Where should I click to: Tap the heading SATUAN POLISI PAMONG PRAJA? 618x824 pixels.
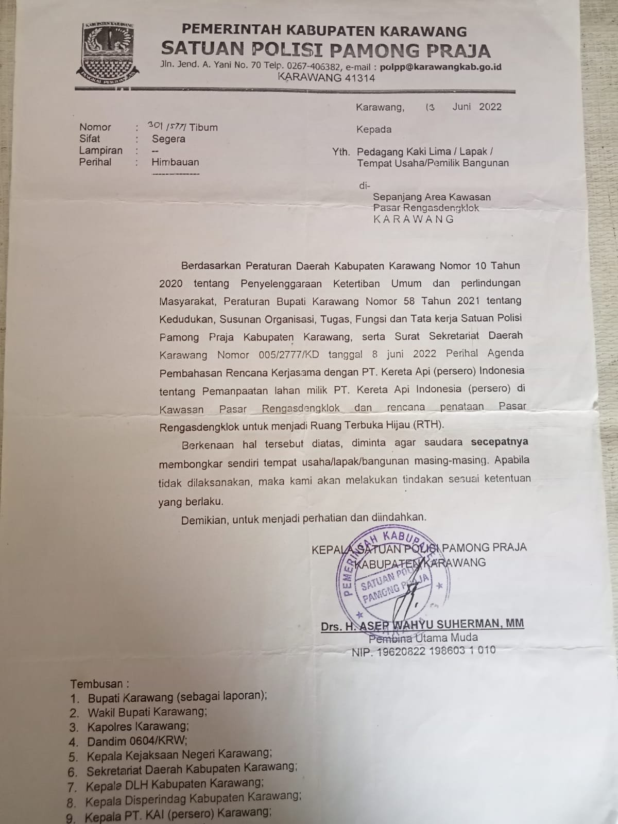pos(326,50)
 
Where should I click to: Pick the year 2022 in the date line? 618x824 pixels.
pos(490,107)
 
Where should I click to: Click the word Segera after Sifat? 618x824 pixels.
pos(168,139)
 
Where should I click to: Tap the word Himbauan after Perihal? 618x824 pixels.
pos(175,162)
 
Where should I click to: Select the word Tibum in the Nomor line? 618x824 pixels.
pos(204,127)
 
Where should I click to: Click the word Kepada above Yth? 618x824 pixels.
pos(374,129)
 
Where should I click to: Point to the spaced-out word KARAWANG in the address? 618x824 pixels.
pos(414,219)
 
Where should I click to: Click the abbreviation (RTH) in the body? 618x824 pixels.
pos(430,425)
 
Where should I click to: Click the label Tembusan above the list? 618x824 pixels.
pos(97,684)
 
